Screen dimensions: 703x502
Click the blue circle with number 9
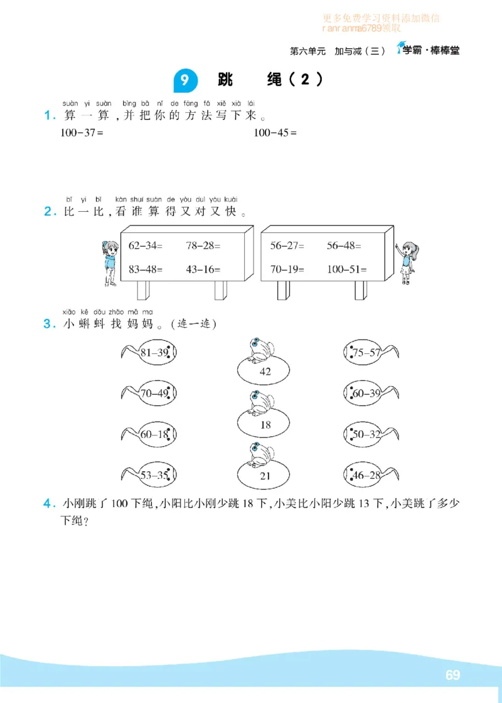click(184, 80)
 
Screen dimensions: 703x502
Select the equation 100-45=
click(274, 133)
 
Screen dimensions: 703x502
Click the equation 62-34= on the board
click(145, 246)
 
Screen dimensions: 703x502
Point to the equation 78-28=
click(203, 246)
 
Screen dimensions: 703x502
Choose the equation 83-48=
click(145, 269)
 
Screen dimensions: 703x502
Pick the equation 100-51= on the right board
click(346, 269)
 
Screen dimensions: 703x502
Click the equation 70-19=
click(287, 269)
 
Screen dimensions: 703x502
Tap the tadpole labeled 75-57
click(370, 353)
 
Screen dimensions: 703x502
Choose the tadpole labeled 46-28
click(370, 476)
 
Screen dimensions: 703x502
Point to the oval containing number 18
click(265, 425)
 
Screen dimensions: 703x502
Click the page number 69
click(452, 675)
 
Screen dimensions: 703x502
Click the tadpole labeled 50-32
click(370, 435)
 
